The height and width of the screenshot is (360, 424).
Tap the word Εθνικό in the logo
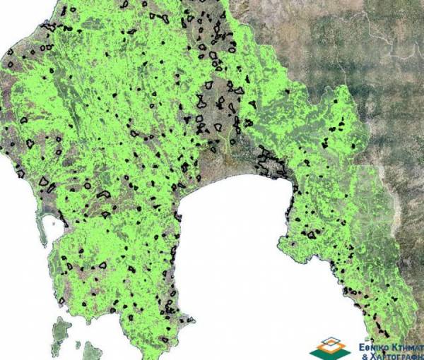375,347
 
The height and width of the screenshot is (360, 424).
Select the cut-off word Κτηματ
409,347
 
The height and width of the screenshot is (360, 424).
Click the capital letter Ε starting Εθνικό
362,347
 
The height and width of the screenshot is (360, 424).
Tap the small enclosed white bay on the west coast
51,226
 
